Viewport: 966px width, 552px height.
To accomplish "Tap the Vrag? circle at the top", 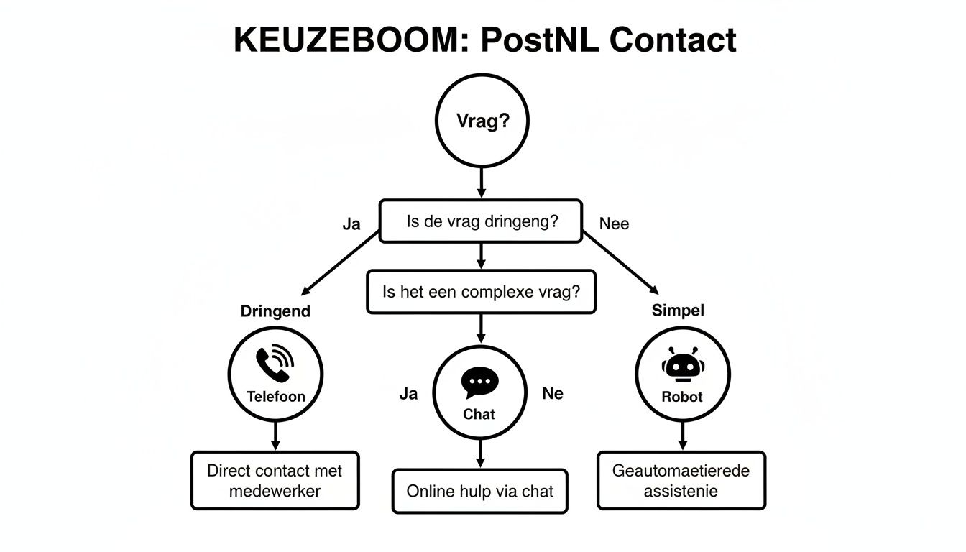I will pyautogui.click(x=482, y=121).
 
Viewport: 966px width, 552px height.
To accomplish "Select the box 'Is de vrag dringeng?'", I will pyautogui.click(x=481, y=221).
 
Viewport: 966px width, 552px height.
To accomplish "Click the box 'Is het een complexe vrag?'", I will pyautogui.click(x=481, y=292).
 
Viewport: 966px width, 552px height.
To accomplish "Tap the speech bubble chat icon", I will pyautogui.click(x=479, y=383).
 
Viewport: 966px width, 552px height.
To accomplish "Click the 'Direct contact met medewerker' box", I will pyautogui.click(x=275, y=481).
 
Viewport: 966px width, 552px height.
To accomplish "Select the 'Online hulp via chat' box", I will pyautogui.click(x=479, y=492).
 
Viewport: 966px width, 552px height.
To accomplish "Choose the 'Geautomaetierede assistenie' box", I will pyautogui.click(x=681, y=481).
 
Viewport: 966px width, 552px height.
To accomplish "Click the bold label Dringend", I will pyautogui.click(x=275, y=311).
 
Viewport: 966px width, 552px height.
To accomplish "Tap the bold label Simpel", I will pyautogui.click(x=678, y=310).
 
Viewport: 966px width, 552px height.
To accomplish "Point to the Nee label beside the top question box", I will pyautogui.click(x=614, y=224).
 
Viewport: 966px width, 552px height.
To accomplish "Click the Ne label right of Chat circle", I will pyautogui.click(x=552, y=393).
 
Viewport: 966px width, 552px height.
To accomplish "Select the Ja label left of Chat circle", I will pyautogui.click(x=408, y=393).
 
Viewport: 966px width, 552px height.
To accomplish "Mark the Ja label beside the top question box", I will pyautogui.click(x=351, y=224).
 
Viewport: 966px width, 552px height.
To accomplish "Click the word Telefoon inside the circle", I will pyautogui.click(x=275, y=396).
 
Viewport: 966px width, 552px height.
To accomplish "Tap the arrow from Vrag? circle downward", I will pyautogui.click(x=482, y=183).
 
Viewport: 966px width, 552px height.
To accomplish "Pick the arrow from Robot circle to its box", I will pyautogui.click(x=682, y=436).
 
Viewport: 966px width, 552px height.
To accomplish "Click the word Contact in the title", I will pyautogui.click(x=672, y=40).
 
